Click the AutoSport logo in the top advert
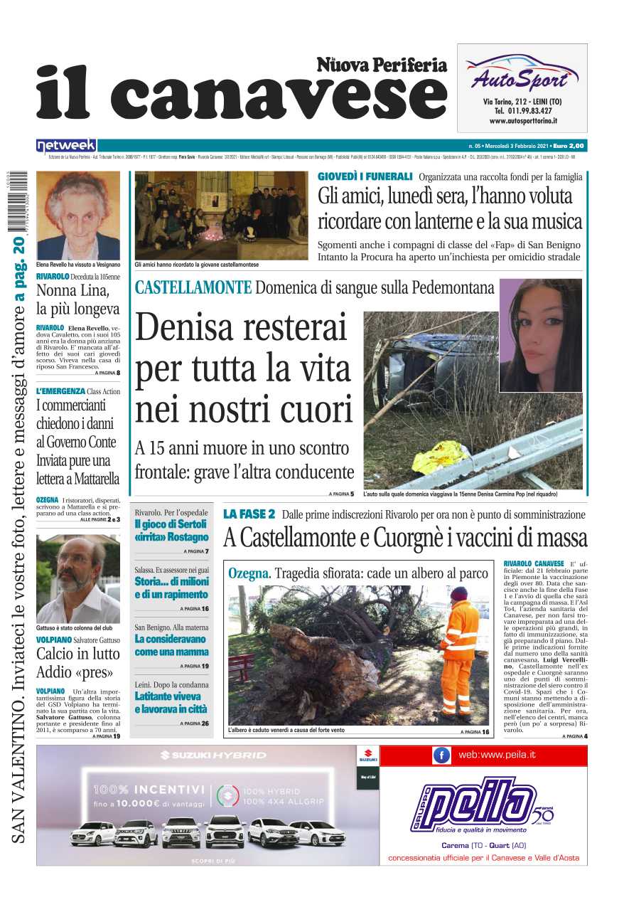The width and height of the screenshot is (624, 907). point(522,75)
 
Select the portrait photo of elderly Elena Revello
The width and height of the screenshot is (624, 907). point(78,215)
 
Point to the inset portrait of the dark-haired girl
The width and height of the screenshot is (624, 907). point(541,335)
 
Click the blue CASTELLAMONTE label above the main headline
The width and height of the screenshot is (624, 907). point(193,288)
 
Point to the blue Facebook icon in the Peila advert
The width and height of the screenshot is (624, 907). point(441,755)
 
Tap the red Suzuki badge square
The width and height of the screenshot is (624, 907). point(368,756)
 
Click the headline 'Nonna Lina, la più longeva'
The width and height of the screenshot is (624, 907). point(77,299)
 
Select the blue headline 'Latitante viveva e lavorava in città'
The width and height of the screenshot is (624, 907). point(171,703)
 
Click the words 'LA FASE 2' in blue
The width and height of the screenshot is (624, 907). point(249,514)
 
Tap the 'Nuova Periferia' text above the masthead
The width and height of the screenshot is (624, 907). point(382,65)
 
